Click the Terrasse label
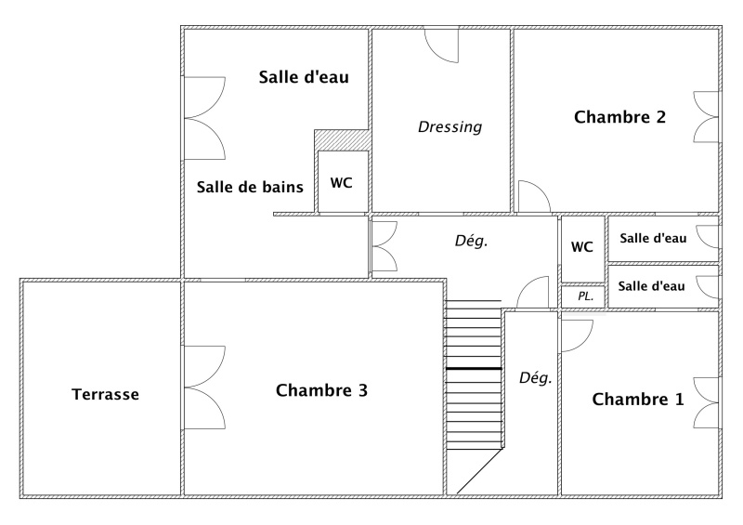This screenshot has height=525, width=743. coord(106,394)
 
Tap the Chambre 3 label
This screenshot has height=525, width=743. coord(321,390)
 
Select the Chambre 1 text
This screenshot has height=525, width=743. coord(638,400)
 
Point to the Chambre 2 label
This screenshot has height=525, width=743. coord(619,117)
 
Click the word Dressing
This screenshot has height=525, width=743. coord(450,126)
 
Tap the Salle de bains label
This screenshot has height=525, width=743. coord(250,187)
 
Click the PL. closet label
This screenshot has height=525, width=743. coord(586,296)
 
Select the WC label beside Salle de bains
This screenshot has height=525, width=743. coord(341,183)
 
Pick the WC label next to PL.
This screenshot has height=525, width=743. coord(582,246)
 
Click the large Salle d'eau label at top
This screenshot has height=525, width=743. coord(304,77)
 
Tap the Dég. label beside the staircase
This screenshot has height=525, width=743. coord(536,378)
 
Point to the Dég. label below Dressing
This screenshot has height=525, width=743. coord(471,241)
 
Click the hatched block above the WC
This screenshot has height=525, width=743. coord(343,140)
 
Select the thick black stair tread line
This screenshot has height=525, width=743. coord(474,369)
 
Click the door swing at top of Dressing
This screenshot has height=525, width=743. coord(442,46)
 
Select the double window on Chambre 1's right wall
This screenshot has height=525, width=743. coord(706,403)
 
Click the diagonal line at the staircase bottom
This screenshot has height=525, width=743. coord(479,471)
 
